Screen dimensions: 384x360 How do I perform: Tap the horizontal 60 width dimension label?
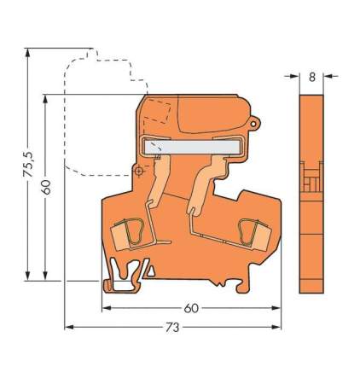click(191, 308)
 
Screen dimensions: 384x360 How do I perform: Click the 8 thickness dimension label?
click(312, 77)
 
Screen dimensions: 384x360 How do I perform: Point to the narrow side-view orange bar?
click(312, 188)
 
